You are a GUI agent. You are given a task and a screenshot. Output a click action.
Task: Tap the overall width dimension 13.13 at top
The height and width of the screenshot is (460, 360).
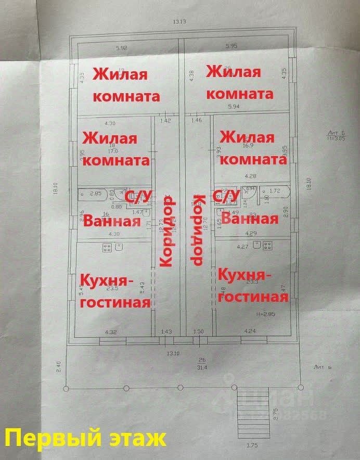click(179, 21)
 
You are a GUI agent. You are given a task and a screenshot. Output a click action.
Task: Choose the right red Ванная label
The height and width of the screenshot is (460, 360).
click(249, 218)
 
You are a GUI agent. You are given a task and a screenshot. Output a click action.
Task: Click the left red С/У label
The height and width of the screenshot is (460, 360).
click(138, 196)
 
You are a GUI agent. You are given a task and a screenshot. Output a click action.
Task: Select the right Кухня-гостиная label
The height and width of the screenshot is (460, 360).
click(253, 285)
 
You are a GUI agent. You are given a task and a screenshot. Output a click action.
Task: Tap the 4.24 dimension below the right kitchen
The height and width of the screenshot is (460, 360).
click(249, 330)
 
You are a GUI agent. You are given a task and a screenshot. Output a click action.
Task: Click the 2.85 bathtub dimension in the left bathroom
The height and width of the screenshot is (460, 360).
click(95, 194)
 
